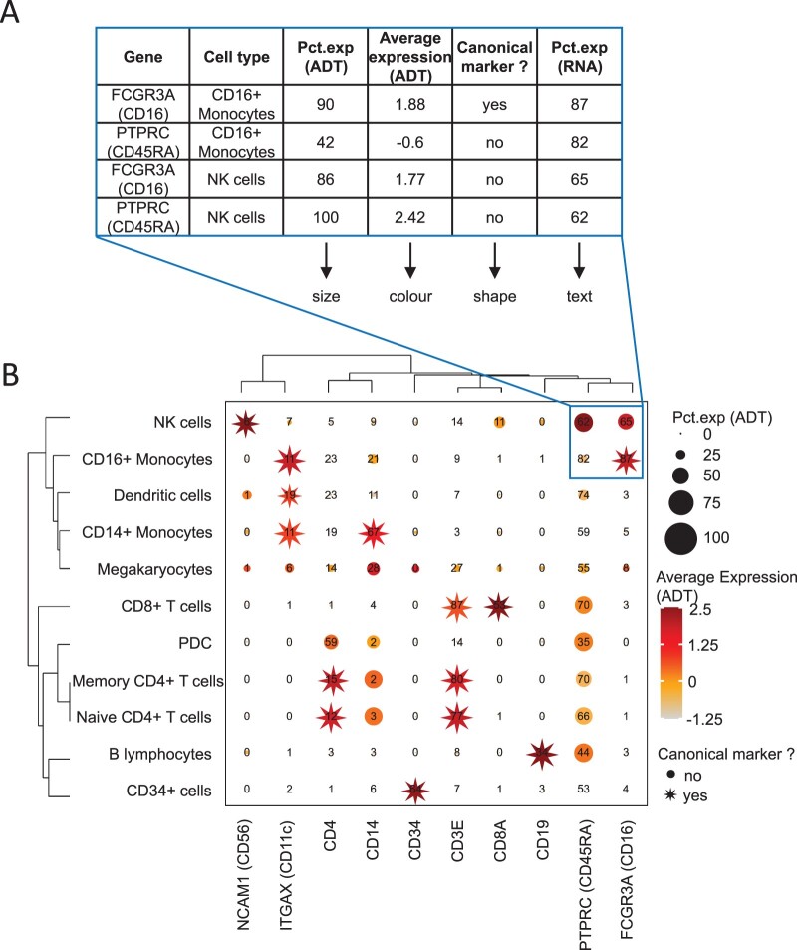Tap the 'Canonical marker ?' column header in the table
tap(494, 57)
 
